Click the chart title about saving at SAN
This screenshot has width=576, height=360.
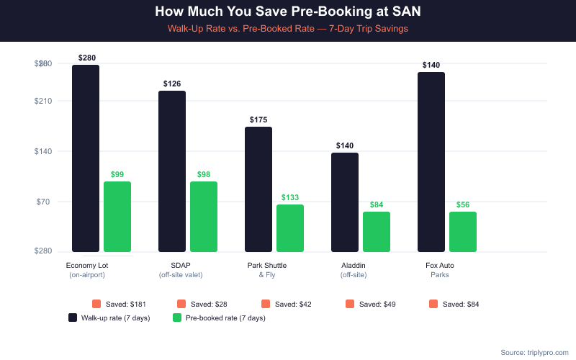click(x=287, y=12)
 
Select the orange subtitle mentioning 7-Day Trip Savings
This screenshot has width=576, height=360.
click(x=287, y=28)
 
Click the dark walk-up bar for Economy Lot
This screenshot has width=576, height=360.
click(x=86, y=158)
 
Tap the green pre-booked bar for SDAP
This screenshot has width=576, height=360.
click(x=204, y=216)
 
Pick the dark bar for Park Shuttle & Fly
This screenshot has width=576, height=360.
click(x=258, y=189)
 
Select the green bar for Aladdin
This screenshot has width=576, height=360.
click(x=377, y=231)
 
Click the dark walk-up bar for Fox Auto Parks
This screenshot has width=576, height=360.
click(x=431, y=162)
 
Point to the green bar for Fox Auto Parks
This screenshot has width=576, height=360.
click(x=463, y=231)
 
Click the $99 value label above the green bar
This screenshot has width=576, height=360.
click(x=117, y=174)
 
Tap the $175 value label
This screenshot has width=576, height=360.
click(x=258, y=120)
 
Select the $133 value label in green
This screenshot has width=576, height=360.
click(x=290, y=197)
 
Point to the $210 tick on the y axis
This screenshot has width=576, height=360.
click(x=44, y=101)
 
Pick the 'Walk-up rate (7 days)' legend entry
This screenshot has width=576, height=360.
click(x=109, y=318)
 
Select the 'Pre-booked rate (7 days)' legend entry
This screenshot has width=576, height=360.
click(x=220, y=318)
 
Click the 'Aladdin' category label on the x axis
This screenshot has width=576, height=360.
click(x=354, y=266)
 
